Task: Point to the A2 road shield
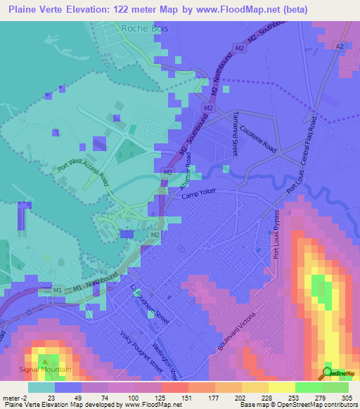340,46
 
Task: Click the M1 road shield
58,290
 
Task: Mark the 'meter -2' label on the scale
15,398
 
